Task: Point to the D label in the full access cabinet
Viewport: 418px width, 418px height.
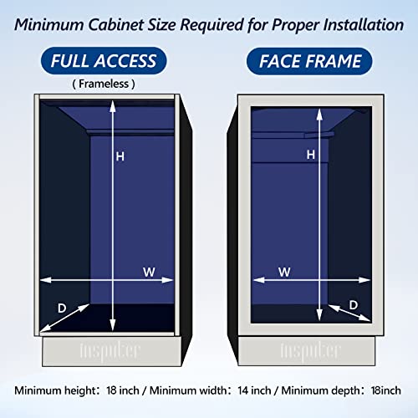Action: [x=61, y=307]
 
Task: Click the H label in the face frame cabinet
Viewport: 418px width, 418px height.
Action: [x=311, y=155]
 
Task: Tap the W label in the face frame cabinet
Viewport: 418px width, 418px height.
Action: [x=283, y=272]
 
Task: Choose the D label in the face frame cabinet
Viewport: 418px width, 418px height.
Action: [x=354, y=304]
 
